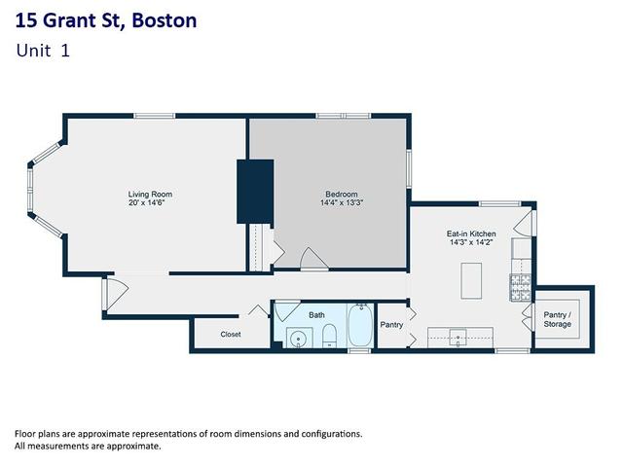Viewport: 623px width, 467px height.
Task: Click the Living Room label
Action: click(x=150, y=195)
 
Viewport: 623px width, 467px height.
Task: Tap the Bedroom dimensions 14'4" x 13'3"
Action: click(x=342, y=203)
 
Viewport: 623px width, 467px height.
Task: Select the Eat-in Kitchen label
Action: click(x=471, y=233)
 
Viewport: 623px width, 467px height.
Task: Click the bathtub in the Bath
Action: click(x=361, y=325)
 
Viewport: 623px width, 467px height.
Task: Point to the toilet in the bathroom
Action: click(x=329, y=336)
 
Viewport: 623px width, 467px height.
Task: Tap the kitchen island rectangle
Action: click(x=471, y=281)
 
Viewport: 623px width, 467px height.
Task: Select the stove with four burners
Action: click(x=521, y=287)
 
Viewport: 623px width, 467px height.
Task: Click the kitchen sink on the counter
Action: click(x=458, y=338)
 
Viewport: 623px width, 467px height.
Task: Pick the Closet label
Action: click(x=231, y=335)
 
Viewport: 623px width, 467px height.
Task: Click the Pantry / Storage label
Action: click(x=558, y=319)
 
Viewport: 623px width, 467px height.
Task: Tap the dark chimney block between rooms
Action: click(x=255, y=192)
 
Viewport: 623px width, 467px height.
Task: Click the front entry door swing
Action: click(x=115, y=293)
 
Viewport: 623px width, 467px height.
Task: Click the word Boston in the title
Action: click(x=165, y=20)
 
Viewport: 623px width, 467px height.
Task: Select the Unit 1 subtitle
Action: click(x=43, y=51)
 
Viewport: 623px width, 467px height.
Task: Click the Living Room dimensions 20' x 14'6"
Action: click(x=147, y=203)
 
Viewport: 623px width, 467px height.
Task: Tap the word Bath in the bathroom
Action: click(x=316, y=315)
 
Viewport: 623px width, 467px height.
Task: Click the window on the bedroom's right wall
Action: click(x=409, y=168)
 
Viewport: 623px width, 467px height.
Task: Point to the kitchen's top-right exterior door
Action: click(x=526, y=224)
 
